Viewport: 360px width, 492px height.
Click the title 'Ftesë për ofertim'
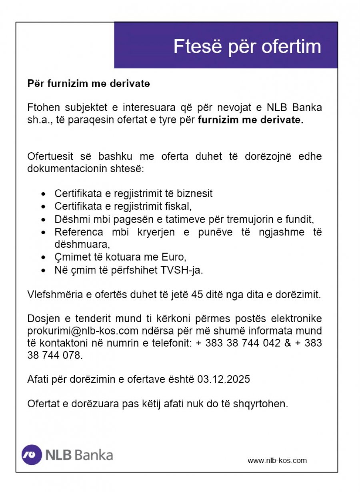(x=247, y=47)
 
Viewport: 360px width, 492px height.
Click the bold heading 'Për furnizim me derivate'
(x=88, y=84)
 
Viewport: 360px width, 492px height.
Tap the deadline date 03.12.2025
(x=224, y=379)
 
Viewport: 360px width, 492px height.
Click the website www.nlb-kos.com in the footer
(x=277, y=460)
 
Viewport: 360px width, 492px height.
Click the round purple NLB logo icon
(x=32, y=455)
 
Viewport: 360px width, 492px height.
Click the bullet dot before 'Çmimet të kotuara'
(x=44, y=258)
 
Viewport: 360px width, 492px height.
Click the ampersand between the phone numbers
(x=288, y=343)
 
